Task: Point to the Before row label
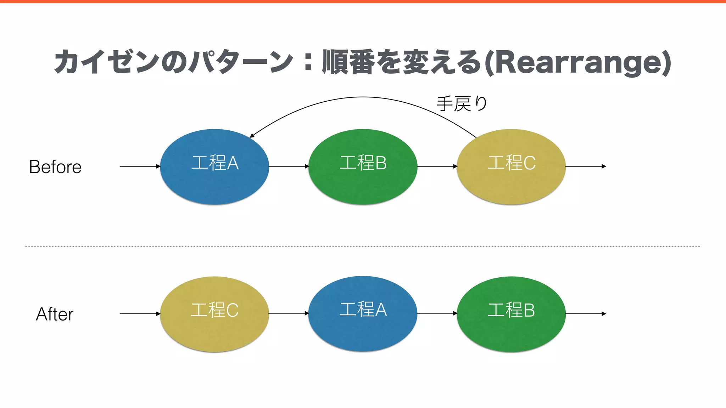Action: (55, 167)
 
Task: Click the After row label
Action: (55, 314)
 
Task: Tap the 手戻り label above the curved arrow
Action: (462, 104)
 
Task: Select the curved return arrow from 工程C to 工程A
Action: (363, 97)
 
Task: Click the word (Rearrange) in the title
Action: (578, 63)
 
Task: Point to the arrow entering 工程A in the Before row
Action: (140, 166)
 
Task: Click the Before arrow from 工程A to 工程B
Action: (289, 166)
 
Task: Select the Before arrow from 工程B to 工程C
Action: (437, 166)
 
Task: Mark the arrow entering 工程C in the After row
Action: (140, 313)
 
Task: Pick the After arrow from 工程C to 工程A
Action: (289, 313)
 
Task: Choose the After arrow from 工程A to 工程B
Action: (437, 313)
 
